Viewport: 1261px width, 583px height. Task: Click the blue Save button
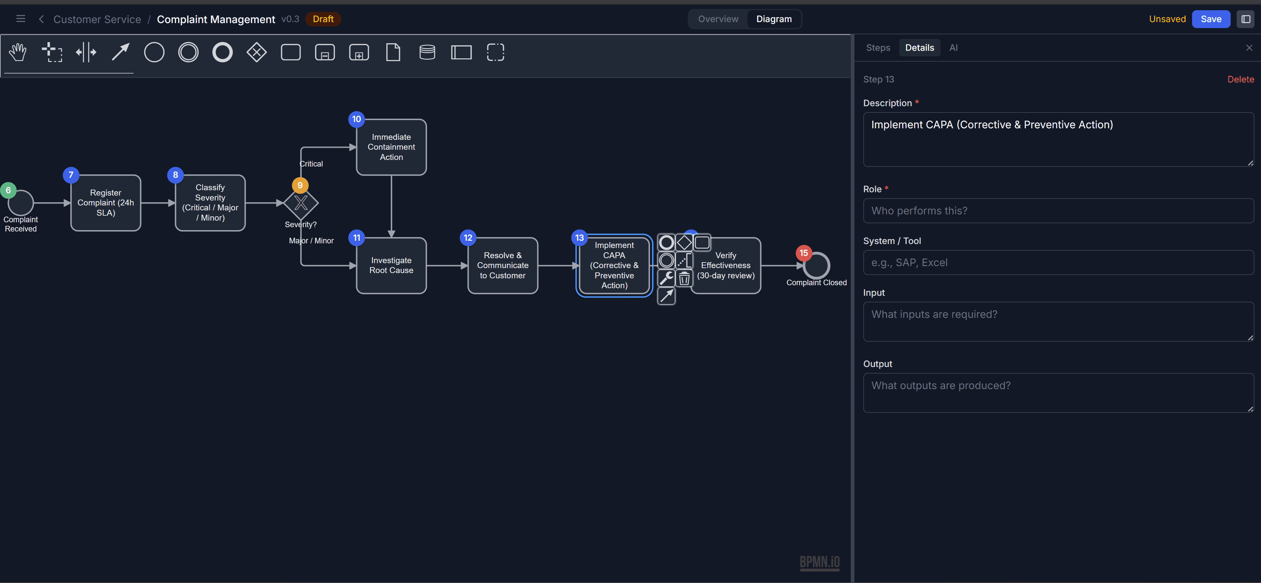tap(1210, 19)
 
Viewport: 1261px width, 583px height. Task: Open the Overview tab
tap(718, 19)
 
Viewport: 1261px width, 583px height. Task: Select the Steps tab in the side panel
tap(878, 47)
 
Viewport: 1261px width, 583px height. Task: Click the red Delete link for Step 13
tap(1240, 79)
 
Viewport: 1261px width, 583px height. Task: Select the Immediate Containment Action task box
tap(391, 147)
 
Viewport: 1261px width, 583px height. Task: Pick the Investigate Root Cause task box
tap(391, 265)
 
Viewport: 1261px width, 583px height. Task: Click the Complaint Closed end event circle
tap(816, 265)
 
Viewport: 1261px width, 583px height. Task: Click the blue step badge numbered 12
tap(468, 238)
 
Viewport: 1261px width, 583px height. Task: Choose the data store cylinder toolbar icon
tap(427, 52)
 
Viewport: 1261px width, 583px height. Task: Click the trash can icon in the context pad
tap(684, 279)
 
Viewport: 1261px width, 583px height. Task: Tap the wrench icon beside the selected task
tap(666, 278)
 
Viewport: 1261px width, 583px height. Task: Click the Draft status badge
tap(323, 19)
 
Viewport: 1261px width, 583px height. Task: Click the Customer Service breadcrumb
tap(97, 19)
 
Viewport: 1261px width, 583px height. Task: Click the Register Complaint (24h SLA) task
tap(106, 203)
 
